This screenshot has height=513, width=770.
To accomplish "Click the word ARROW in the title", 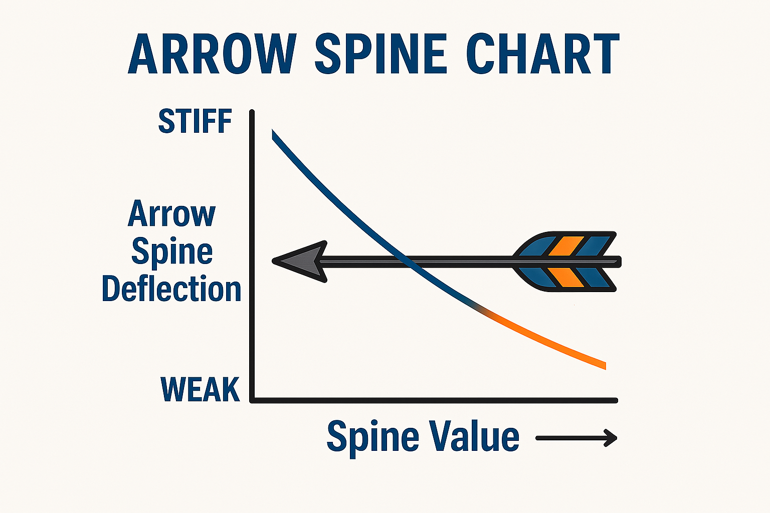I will [x=213, y=54].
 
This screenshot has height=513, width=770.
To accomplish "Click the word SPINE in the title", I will [x=380, y=54].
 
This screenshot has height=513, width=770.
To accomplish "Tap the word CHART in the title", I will [x=543, y=54].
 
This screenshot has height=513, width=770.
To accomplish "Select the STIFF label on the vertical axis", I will [x=195, y=121].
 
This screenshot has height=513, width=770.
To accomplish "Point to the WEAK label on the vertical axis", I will [x=200, y=389].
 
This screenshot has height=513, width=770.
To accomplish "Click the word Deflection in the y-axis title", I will [x=171, y=289].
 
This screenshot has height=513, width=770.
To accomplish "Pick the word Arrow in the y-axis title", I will [x=171, y=214].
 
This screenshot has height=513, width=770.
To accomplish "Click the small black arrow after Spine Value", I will [x=576, y=438].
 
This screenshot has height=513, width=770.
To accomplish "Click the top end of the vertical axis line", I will [x=252, y=112].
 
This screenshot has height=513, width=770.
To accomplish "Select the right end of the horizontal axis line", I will [x=616, y=400].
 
